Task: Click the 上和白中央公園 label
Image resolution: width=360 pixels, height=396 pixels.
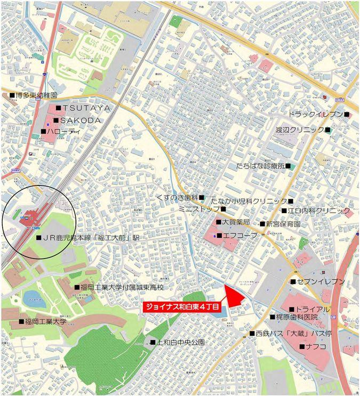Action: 180,342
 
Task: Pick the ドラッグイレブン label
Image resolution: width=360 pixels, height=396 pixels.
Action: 315,114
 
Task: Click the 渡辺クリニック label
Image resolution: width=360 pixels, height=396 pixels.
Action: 299,130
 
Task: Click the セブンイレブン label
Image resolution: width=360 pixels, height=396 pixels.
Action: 321,281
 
